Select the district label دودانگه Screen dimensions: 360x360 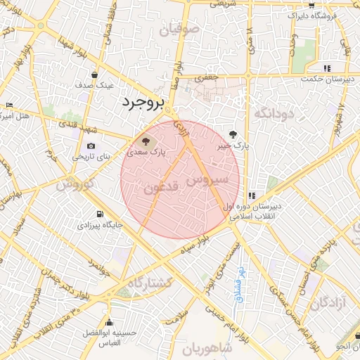[272, 112]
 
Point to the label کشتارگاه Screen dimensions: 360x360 [150, 282]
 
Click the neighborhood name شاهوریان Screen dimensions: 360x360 [207, 348]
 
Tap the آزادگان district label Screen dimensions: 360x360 [330, 302]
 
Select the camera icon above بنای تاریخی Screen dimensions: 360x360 [91, 146]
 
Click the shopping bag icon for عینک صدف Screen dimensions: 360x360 [94, 75]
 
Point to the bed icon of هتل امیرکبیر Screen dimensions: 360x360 [8, 105]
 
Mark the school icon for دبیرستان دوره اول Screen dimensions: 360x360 [252, 195]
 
